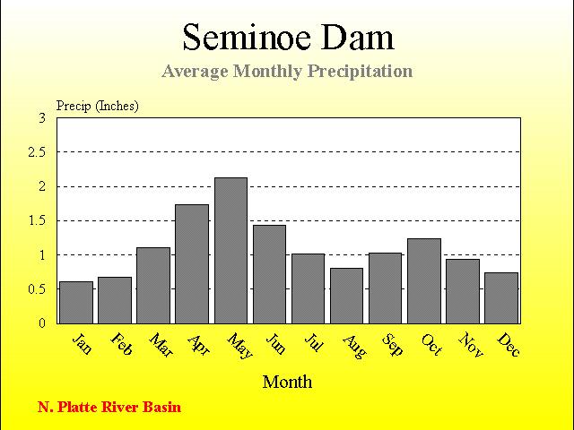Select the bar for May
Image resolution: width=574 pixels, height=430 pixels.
click(x=230, y=251)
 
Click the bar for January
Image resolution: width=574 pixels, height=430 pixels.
click(x=76, y=303)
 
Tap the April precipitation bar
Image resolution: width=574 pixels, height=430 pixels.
click(x=192, y=264)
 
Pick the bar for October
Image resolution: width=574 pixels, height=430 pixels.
click(x=424, y=281)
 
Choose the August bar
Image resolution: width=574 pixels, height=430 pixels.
click(x=346, y=296)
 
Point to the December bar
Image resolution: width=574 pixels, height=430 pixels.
click(x=501, y=298)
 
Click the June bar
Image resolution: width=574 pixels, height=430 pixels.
click(x=269, y=274)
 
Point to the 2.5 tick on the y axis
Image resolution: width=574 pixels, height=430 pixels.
click(x=37, y=152)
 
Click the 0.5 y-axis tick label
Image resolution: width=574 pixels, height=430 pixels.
click(x=37, y=289)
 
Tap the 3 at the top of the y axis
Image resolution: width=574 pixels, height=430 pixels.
click(x=42, y=118)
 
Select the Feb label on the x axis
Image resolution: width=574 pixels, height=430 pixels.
click(x=121, y=344)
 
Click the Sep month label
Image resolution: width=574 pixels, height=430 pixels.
click(x=393, y=344)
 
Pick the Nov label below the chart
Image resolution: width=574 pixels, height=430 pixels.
click(x=471, y=344)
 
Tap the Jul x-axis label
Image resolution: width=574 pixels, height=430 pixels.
click(x=314, y=342)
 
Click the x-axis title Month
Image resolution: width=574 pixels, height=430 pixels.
click(x=287, y=383)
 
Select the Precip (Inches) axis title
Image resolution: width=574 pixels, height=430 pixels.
click(x=98, y=106)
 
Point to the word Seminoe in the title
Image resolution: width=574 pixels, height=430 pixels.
click(x=247, y=38)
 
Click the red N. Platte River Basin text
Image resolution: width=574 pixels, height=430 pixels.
click(x=109, y=407)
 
